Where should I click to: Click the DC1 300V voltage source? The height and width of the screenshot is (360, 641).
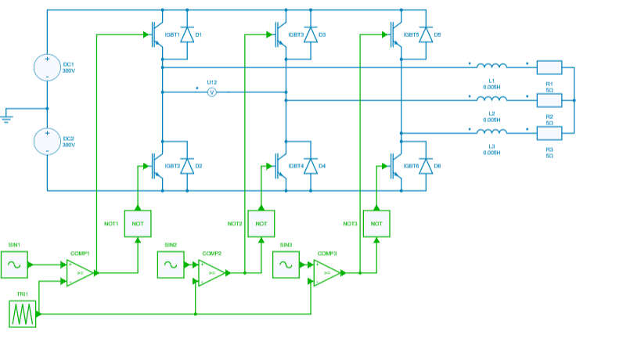(x=47, y=67)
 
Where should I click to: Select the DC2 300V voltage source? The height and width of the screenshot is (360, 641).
(x=47, y=142)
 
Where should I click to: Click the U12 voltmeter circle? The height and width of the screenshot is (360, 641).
(x=211, y=92)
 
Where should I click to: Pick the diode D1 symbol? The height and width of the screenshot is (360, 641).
(x=187, y=34)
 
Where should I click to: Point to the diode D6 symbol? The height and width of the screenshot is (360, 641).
(x=426, y=166)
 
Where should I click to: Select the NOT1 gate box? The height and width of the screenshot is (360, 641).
(x=137, y=223)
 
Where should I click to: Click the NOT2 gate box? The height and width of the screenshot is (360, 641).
(x=261, y=223)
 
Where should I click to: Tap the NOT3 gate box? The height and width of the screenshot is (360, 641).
(x=376, y=223)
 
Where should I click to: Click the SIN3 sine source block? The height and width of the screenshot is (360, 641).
(x=286, y=265)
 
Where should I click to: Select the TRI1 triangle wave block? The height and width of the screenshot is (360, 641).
(x=22, y=314)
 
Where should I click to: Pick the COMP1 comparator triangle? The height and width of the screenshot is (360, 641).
(x=78, y=273)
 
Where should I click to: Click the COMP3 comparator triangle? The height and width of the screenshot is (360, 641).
(x=326, y=273)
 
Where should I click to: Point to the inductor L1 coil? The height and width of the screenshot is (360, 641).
(x=492, y=67)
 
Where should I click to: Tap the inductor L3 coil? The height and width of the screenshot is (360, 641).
(x=492, y=132)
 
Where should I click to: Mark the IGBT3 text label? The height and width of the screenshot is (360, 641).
(x=296, y=35)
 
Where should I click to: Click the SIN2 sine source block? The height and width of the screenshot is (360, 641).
(x=171, y=265)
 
